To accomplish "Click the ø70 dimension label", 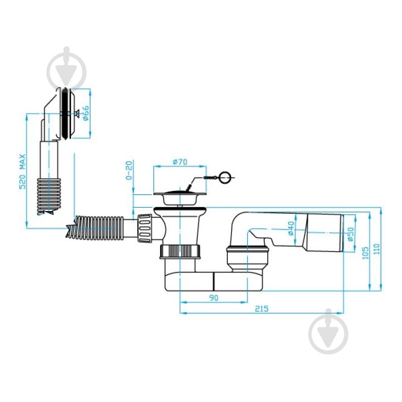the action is coord(180,162).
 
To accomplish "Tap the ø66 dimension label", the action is coord(85,113).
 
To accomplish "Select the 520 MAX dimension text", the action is coord(23,171).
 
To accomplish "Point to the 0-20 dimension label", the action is coord(129,170).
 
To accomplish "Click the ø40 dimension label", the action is coord(291,228).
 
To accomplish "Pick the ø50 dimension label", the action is coord(351,234).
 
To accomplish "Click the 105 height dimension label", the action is coord(365,253).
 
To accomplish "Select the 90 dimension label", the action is coord(213,298).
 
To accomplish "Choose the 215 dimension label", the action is coord(261,309).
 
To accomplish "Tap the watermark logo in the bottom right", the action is coord(328,331).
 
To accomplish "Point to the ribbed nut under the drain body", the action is coord(180,251).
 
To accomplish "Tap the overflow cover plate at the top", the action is coord(68,113).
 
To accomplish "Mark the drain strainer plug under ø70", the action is coord(180,198).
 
